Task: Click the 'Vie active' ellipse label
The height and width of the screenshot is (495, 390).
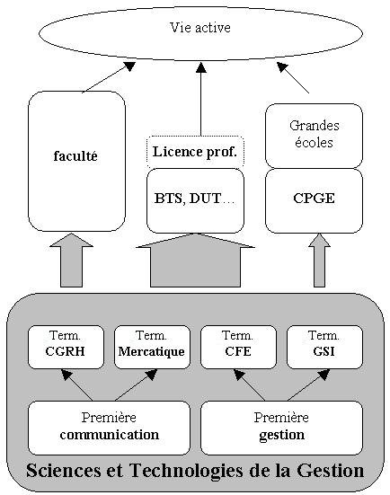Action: tap(200, 28)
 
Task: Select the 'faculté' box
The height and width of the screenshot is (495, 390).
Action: tap(76, 161)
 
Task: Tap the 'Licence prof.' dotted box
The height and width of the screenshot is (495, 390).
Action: tap(196, 152)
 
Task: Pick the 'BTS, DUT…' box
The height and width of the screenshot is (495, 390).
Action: tap(196, 200)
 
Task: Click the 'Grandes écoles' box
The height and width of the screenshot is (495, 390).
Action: tap(314, 136)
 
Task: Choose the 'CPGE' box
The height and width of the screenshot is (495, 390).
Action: tap(314, 200)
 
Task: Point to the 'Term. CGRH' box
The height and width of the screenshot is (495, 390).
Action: tap(66, 347)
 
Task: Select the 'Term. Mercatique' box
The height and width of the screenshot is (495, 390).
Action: tap(152, 347)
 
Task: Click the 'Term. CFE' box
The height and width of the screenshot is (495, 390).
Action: tap(238, 347)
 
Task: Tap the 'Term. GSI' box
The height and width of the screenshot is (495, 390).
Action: tap(324, 347)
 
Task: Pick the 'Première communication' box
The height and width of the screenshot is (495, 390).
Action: tap(109, 428)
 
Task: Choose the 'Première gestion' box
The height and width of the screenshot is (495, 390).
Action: tap(281, 428)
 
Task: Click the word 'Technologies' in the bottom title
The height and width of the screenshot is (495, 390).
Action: tap(187, 471)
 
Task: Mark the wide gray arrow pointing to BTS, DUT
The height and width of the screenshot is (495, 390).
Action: tap(196, 261)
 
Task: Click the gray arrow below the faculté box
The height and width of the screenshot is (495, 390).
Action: tap(71, 261)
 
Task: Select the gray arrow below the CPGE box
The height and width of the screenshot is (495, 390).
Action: tap(319, 261)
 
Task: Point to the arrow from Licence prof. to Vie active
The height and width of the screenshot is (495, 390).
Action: tap(201, 99)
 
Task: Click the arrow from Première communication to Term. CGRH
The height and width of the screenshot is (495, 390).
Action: tap(76, 385)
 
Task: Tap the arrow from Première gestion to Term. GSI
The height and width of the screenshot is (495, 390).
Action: tap(308, 385)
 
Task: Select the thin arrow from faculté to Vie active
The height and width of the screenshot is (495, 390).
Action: tap(109, 77)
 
